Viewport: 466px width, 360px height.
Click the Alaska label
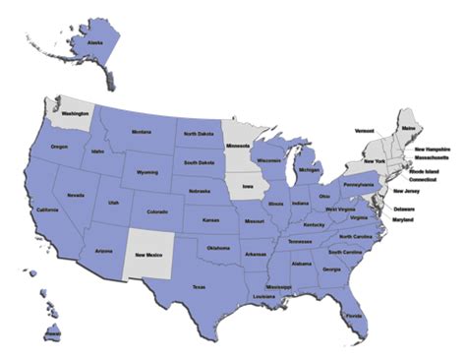point(95,43)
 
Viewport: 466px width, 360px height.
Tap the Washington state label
point(76,113)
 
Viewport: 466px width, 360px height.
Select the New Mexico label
point(153,255)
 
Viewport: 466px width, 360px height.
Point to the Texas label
point(199,287)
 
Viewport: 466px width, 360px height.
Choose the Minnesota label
point(238,147)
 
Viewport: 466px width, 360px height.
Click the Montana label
point(141,132)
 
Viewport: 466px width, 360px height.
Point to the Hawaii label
point(51,335)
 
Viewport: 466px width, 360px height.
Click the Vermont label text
point(365,130)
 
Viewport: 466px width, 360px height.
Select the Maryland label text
point(403,219)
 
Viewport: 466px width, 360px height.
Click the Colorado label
point(157,211)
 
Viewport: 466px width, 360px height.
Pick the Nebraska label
point(201,191)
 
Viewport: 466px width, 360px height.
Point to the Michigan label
point(310,169)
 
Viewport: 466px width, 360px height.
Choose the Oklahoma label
point(217,248)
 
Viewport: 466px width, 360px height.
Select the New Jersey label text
point(406,191)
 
